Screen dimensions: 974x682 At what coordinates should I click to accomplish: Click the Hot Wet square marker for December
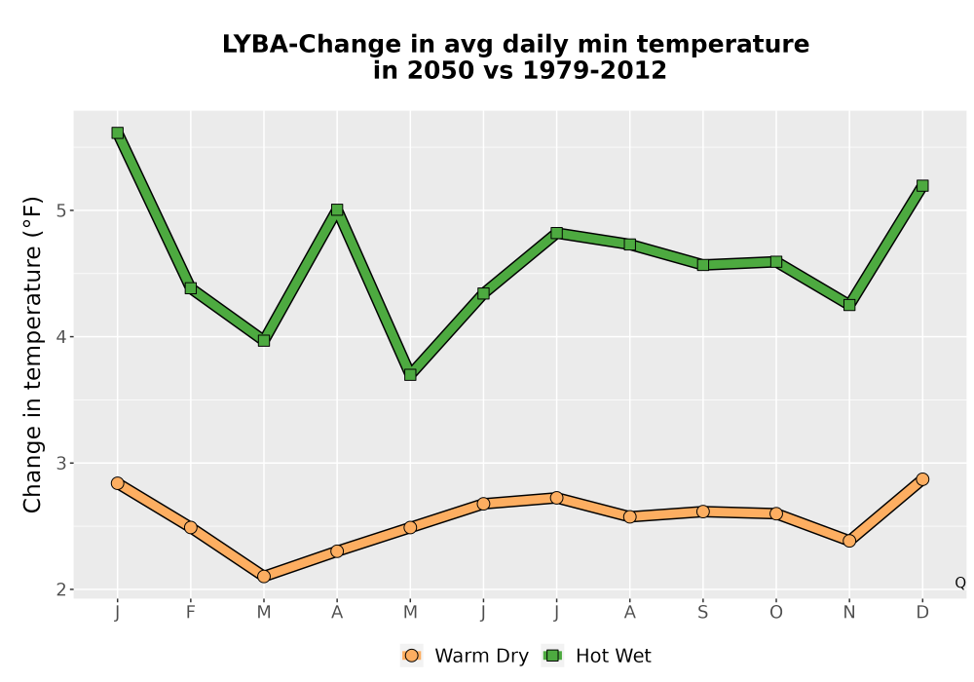[922, 186]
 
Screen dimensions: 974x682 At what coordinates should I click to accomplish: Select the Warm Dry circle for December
[922, 479]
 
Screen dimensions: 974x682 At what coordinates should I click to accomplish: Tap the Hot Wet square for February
[191, 287]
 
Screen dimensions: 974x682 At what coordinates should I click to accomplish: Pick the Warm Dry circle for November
[849, 541]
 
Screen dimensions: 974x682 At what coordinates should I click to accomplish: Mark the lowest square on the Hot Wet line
[410, 374]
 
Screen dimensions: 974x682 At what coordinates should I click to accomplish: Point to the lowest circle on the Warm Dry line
[264, 577]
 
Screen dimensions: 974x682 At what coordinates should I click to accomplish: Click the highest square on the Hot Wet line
[118, 133]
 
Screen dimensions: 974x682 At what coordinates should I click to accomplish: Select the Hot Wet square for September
[702, 265]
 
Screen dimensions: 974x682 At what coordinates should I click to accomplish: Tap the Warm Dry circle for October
[776, 513]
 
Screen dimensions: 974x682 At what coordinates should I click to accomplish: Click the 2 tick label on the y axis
[60, 589]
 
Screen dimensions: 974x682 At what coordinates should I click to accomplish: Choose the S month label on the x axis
[702, 613]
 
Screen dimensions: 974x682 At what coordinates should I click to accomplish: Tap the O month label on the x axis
[776, 613]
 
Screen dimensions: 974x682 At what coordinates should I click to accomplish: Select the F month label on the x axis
[191, 613]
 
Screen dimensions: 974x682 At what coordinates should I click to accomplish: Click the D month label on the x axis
[922, 613]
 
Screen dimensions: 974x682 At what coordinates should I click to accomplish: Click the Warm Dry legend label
[481, 656]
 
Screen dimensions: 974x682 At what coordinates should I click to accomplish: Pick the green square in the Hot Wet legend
[552, 656]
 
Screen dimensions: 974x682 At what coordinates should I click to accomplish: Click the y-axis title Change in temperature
[32, 355]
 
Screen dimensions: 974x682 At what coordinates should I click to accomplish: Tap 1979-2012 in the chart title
[594, 70]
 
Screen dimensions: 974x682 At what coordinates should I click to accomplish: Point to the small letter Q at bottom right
[960, 583]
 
